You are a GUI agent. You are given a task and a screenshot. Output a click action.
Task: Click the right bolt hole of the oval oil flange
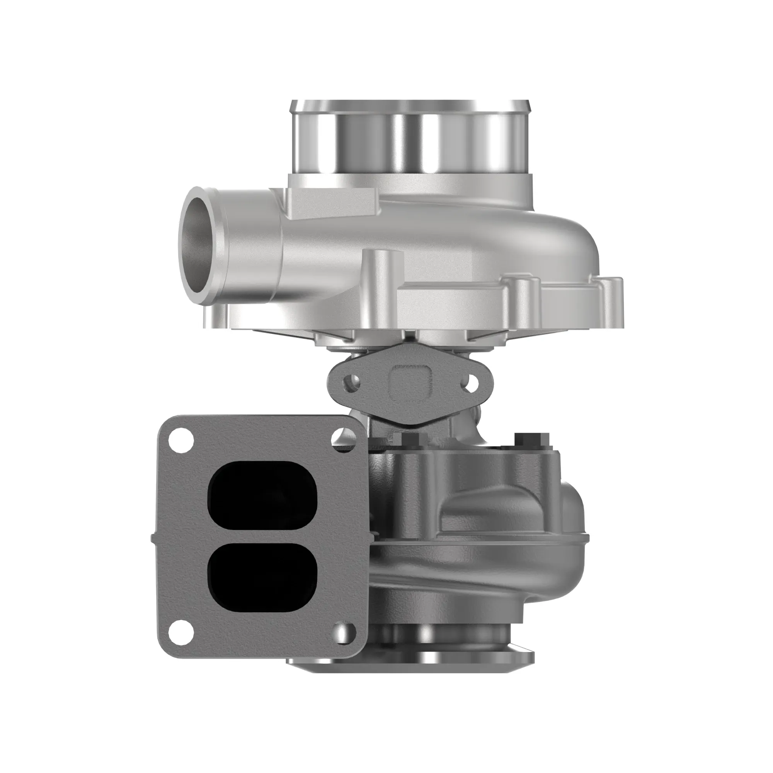tap(471, 382)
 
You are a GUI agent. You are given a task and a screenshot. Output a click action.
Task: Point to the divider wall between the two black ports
tap(263, 536)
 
